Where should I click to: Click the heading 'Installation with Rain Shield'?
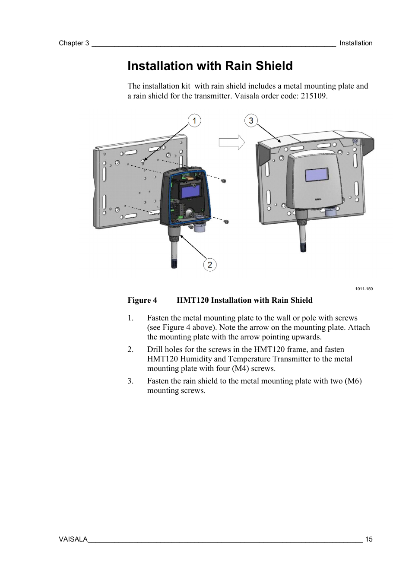(x=210, y=66)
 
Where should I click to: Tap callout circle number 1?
(x=194, y=120)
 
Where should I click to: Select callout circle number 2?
(x=209, y=265)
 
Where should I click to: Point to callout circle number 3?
(x=251, y=120)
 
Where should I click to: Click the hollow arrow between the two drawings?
(x=231, y=143)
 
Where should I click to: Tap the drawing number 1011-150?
(x=364, y=289)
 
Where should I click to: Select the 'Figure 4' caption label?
(x=142, y=300)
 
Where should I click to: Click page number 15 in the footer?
(x=368, y=539)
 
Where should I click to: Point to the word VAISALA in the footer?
(x=73, y=539)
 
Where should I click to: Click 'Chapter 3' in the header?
(x=74, y=43)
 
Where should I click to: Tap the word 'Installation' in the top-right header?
(x=356, y=43)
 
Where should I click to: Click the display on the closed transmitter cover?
(x=316, y=175)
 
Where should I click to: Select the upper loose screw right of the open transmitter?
(x=224, y=181)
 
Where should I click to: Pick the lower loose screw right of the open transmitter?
(x=225, y=222)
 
